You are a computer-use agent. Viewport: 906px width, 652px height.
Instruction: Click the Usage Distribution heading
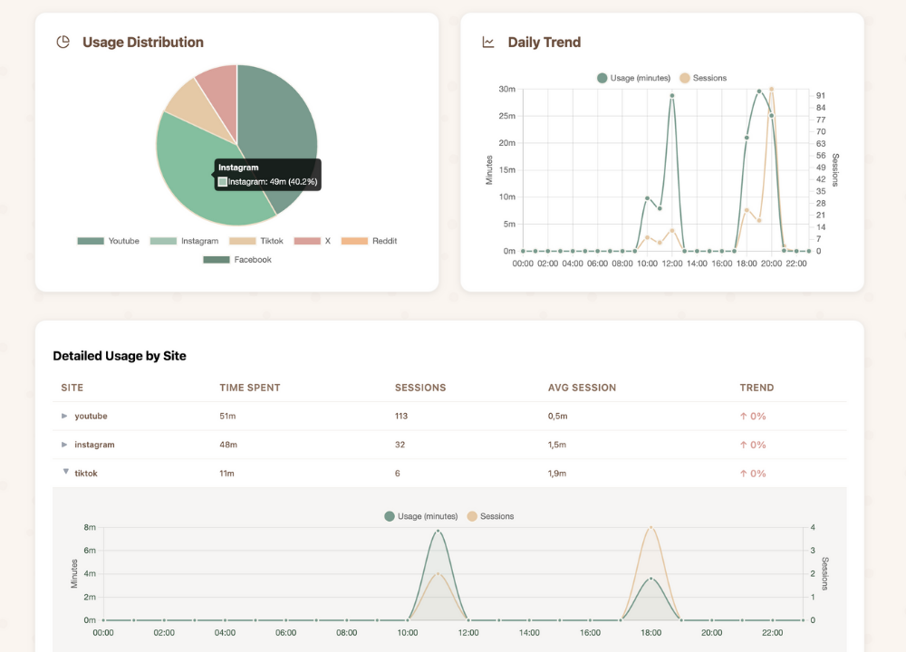point(142,43)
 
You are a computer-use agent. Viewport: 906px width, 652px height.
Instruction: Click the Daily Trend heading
point(544,43)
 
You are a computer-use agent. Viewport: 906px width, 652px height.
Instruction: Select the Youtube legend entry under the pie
point(109,241)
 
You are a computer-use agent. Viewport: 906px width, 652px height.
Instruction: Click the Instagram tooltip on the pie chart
point(267,175)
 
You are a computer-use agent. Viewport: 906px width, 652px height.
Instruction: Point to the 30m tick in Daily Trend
point(506,89)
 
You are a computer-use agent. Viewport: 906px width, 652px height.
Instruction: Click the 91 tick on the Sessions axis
point(820,95)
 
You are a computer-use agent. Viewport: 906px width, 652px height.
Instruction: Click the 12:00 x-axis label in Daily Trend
point(671,264)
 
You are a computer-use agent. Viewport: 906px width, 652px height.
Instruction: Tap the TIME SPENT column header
point(250,388)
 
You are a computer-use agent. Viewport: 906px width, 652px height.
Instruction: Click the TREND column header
point(757,388)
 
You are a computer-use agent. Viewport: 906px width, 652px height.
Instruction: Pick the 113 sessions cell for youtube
point(401,417)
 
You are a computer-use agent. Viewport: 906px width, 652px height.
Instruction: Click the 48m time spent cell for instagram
point(228,445)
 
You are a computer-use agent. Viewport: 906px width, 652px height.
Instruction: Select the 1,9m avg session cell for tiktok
point(557,474)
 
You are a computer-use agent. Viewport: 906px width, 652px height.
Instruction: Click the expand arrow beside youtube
point(64,417)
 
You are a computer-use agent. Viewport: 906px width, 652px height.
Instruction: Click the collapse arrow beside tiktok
point(65,472)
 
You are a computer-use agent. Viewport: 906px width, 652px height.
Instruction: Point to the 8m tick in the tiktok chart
point(90,527)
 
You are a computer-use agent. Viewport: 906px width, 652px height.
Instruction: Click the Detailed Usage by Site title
point(120,356)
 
